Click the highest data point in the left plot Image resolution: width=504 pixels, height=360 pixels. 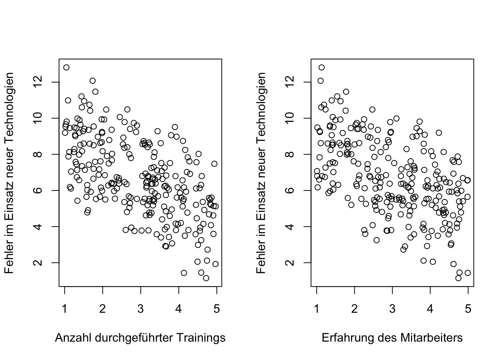click(66, 67)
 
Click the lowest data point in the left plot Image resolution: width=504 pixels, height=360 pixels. click(206, 278)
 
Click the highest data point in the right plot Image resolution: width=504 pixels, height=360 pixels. click(321, 67)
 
